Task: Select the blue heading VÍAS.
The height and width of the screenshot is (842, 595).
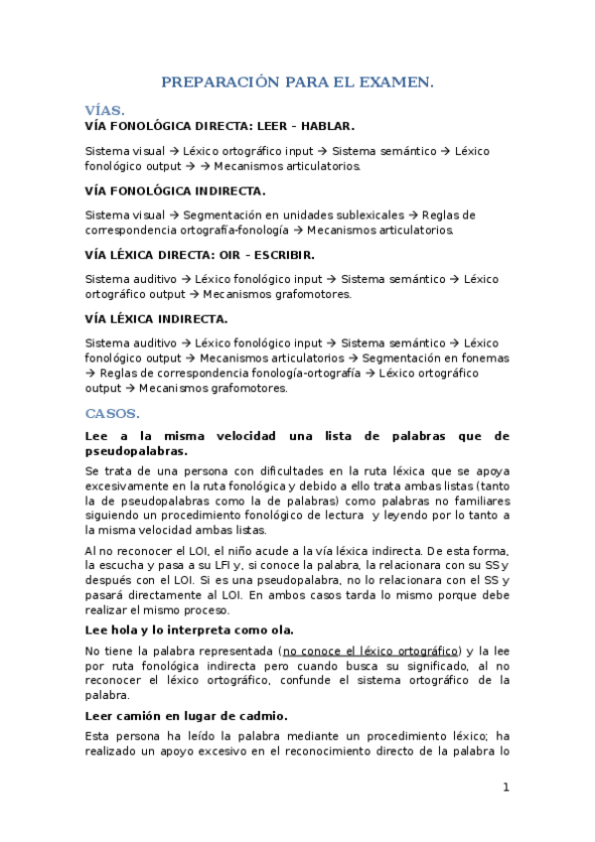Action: tap(105, 113)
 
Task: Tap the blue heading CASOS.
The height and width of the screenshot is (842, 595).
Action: tap(112, 412)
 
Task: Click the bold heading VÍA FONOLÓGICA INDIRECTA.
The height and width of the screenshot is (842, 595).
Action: tap(176, 190)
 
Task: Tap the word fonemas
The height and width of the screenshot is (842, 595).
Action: tap(486, 357)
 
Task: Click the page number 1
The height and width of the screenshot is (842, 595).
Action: tap(506, 787)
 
